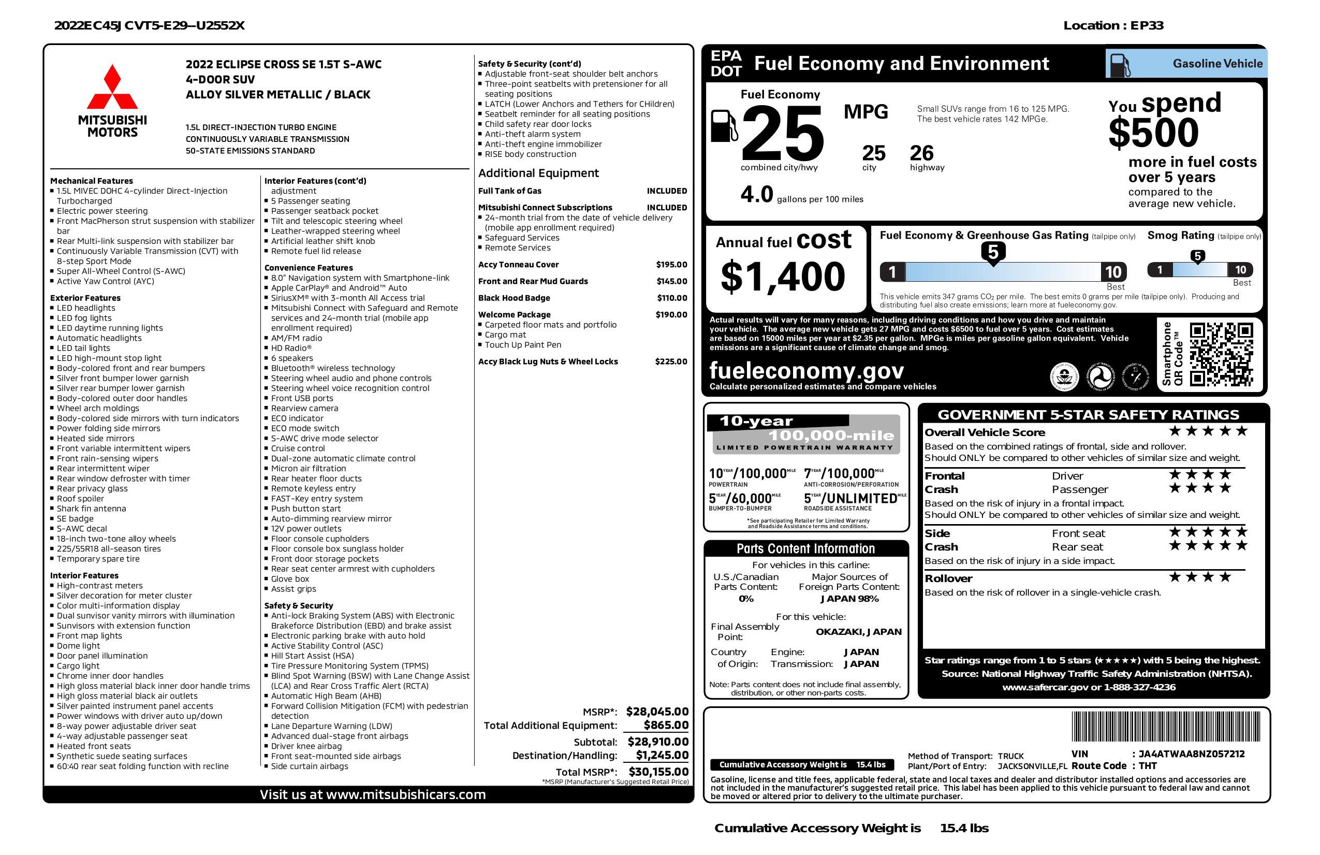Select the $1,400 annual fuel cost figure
[783, 277]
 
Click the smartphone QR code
[1221, 355]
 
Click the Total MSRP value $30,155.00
[658, 771]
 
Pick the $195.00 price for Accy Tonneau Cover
[671, 265]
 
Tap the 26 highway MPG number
[921, 153]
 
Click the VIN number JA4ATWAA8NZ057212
[1191, 754]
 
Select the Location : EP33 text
[1112, 25]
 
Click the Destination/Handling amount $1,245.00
[662, 755]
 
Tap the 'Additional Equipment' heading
[538, 173]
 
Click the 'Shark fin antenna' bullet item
[91, 509]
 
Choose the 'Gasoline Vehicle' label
[1217, 64]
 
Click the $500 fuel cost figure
[1153, 133]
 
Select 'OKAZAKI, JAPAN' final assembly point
[858, 632]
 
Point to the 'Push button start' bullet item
[305, 509]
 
